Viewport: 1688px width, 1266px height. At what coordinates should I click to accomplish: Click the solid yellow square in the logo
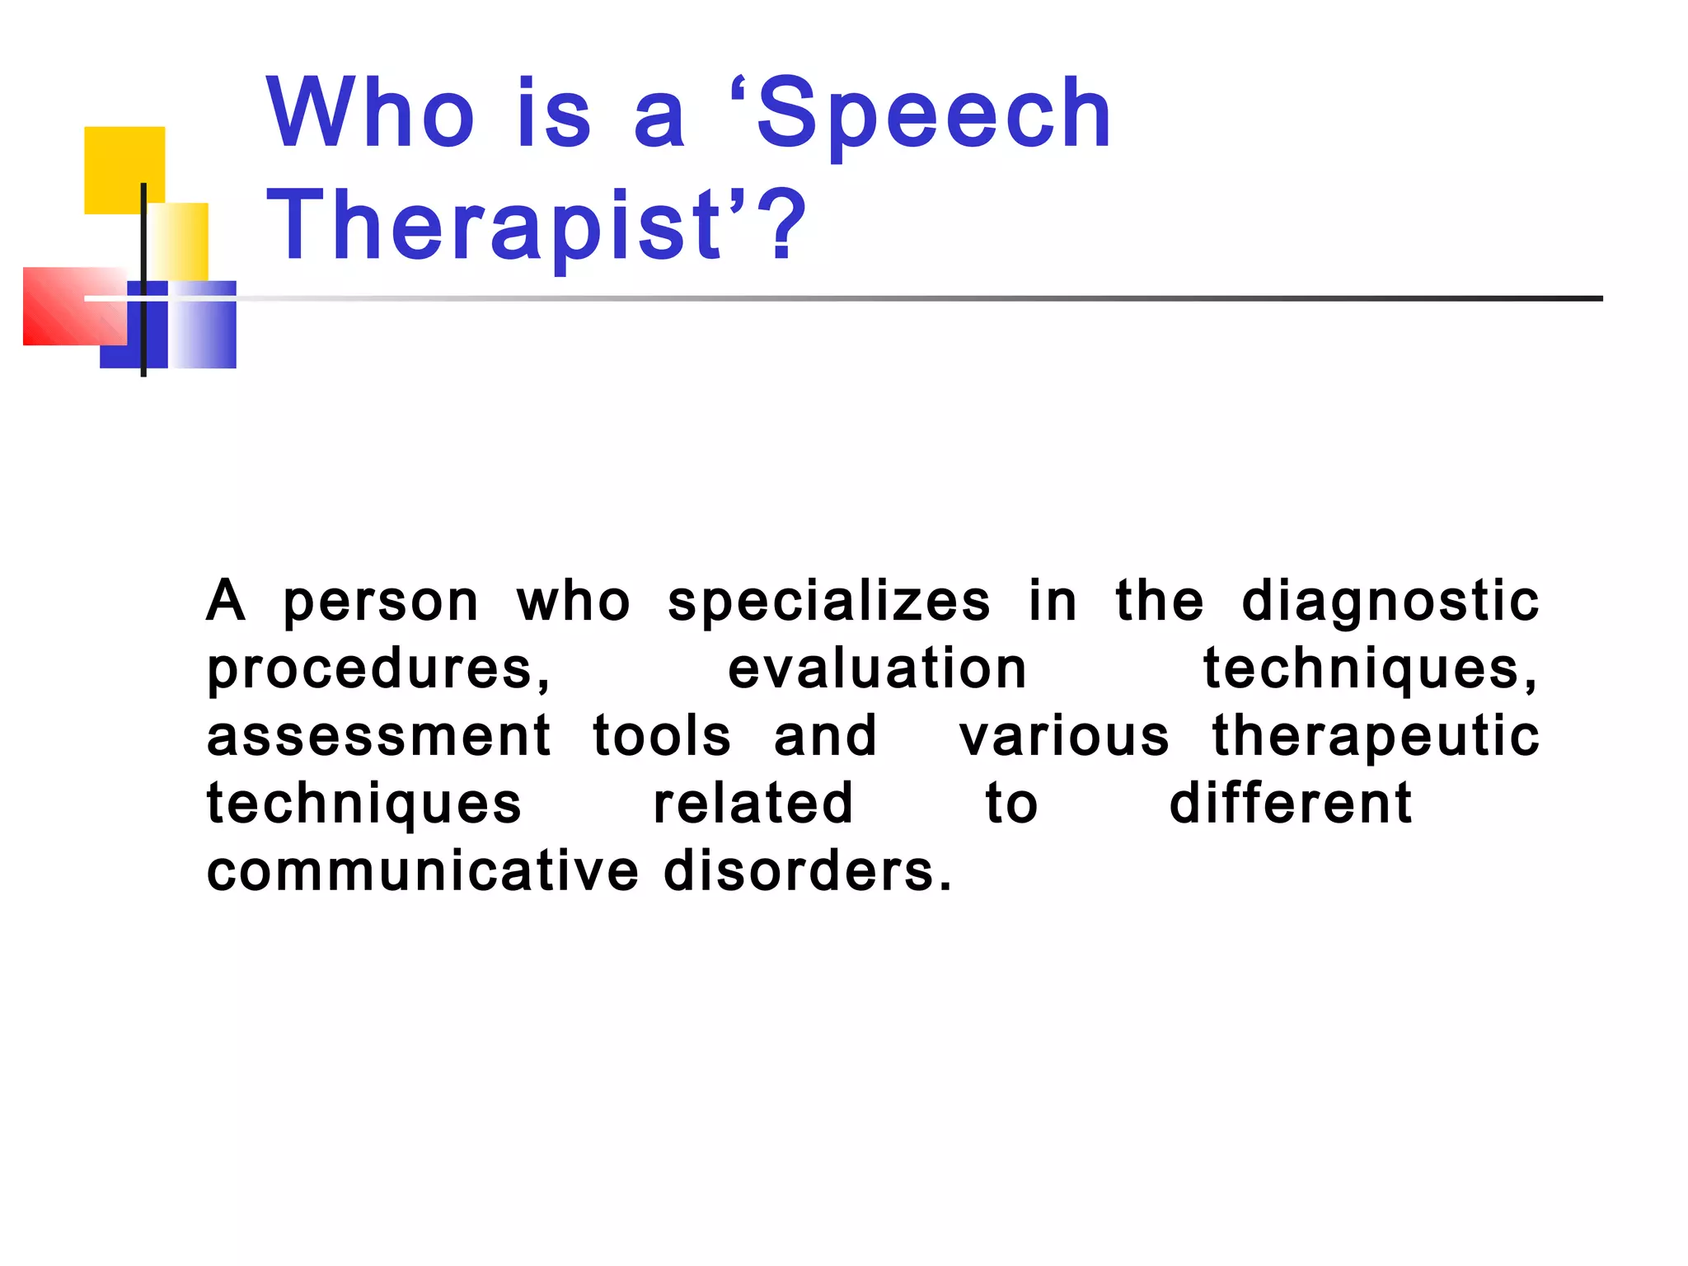pos(124,165)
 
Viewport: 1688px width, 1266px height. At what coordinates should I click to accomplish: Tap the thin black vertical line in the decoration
pos(143,247)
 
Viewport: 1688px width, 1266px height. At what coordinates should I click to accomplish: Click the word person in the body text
pos(381,602)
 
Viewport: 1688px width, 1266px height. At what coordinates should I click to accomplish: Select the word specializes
pos(829,602)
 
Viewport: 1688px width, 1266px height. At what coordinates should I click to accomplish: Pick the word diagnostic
pos(1390,602)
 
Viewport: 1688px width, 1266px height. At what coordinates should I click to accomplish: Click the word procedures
pos(377,669)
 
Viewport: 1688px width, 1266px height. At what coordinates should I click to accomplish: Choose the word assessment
pos(378,736)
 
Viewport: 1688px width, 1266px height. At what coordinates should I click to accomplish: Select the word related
pos(753,804)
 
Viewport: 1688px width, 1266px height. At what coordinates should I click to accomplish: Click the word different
pos(1291,804)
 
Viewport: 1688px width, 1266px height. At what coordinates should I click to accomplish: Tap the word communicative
pos(422,871)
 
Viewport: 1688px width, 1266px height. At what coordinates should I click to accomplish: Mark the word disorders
pos(808,871)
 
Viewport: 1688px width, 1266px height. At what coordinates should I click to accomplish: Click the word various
pos(1064,736)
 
